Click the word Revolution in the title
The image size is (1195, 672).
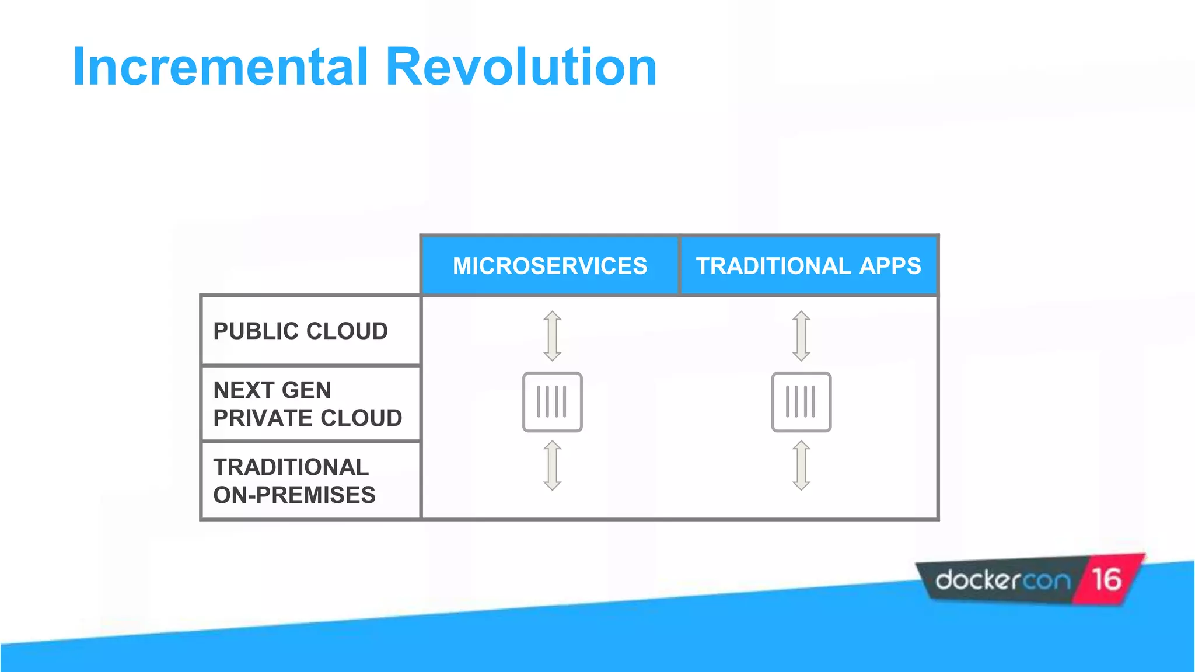521,67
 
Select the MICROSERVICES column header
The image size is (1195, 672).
550,266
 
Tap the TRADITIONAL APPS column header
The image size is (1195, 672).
808,266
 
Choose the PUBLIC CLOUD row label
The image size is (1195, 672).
301,331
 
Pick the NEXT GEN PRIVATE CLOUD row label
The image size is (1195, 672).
308,404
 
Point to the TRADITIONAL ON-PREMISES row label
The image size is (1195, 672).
294,481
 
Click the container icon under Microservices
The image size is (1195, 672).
552,402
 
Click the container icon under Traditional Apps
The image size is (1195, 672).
801,402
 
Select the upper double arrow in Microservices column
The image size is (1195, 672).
552,336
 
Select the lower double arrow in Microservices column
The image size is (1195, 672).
552,466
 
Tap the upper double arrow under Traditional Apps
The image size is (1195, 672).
801,336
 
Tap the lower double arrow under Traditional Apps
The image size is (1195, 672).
801,466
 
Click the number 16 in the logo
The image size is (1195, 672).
1106,580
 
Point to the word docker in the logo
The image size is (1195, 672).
977,580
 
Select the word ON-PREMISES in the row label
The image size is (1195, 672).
294,495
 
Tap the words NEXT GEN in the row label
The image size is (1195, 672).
272,390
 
